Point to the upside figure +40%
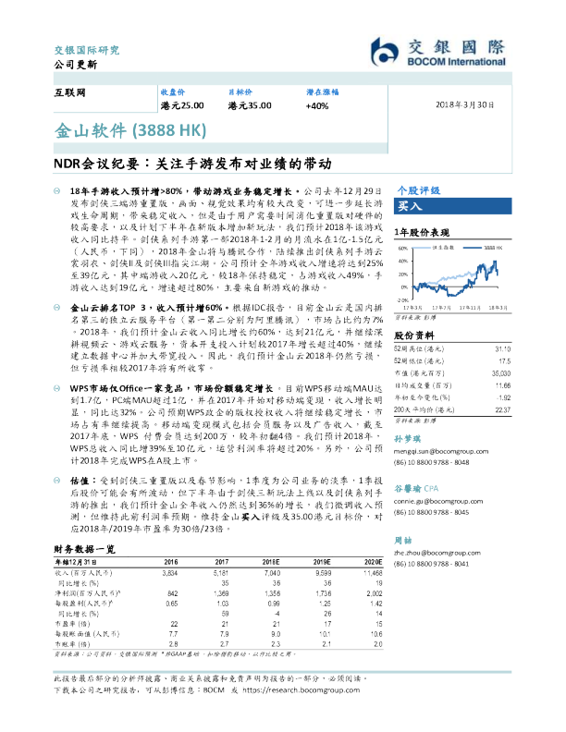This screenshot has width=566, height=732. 316,106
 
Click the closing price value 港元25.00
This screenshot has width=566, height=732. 182,106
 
